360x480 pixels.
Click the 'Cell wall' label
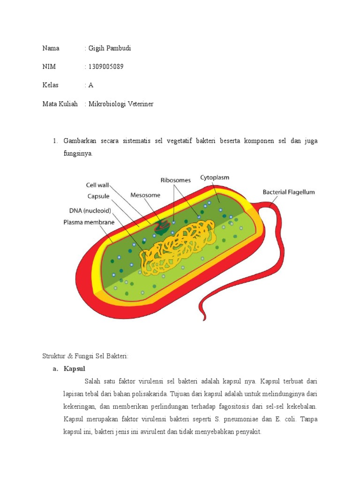(x=97, y=185)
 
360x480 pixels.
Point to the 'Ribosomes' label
(x=176, y=180)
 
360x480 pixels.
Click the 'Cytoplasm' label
(x=215, y=178)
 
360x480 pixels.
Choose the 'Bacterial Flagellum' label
(x=288, y=192)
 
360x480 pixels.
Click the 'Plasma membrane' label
(x=89, y=222)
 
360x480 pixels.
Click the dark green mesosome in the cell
(x=163, y=226)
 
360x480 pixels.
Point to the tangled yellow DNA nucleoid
(x=180, y=246)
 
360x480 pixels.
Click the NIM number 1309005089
(x=105, y=67)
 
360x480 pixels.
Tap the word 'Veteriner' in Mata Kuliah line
(x=138, y=104)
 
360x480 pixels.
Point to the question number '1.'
(x=55, y=141)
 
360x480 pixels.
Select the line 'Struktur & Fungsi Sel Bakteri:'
(x=85, y=356)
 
